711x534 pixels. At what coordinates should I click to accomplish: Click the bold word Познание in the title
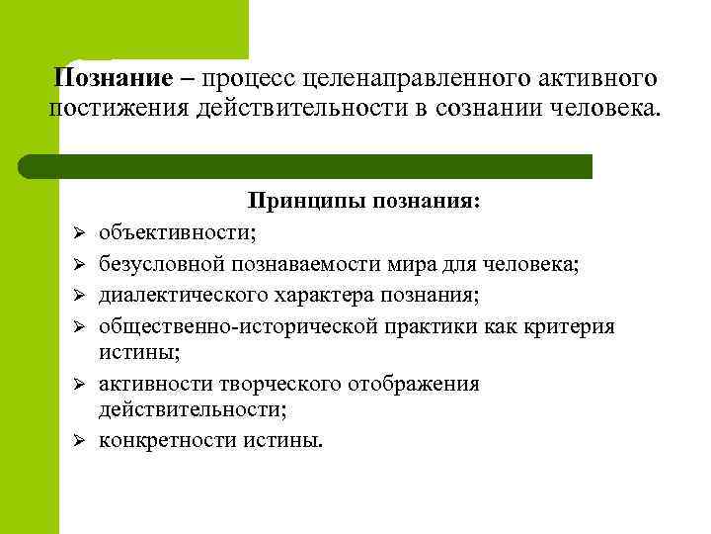103,76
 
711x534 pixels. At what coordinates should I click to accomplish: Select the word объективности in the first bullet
175,233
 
